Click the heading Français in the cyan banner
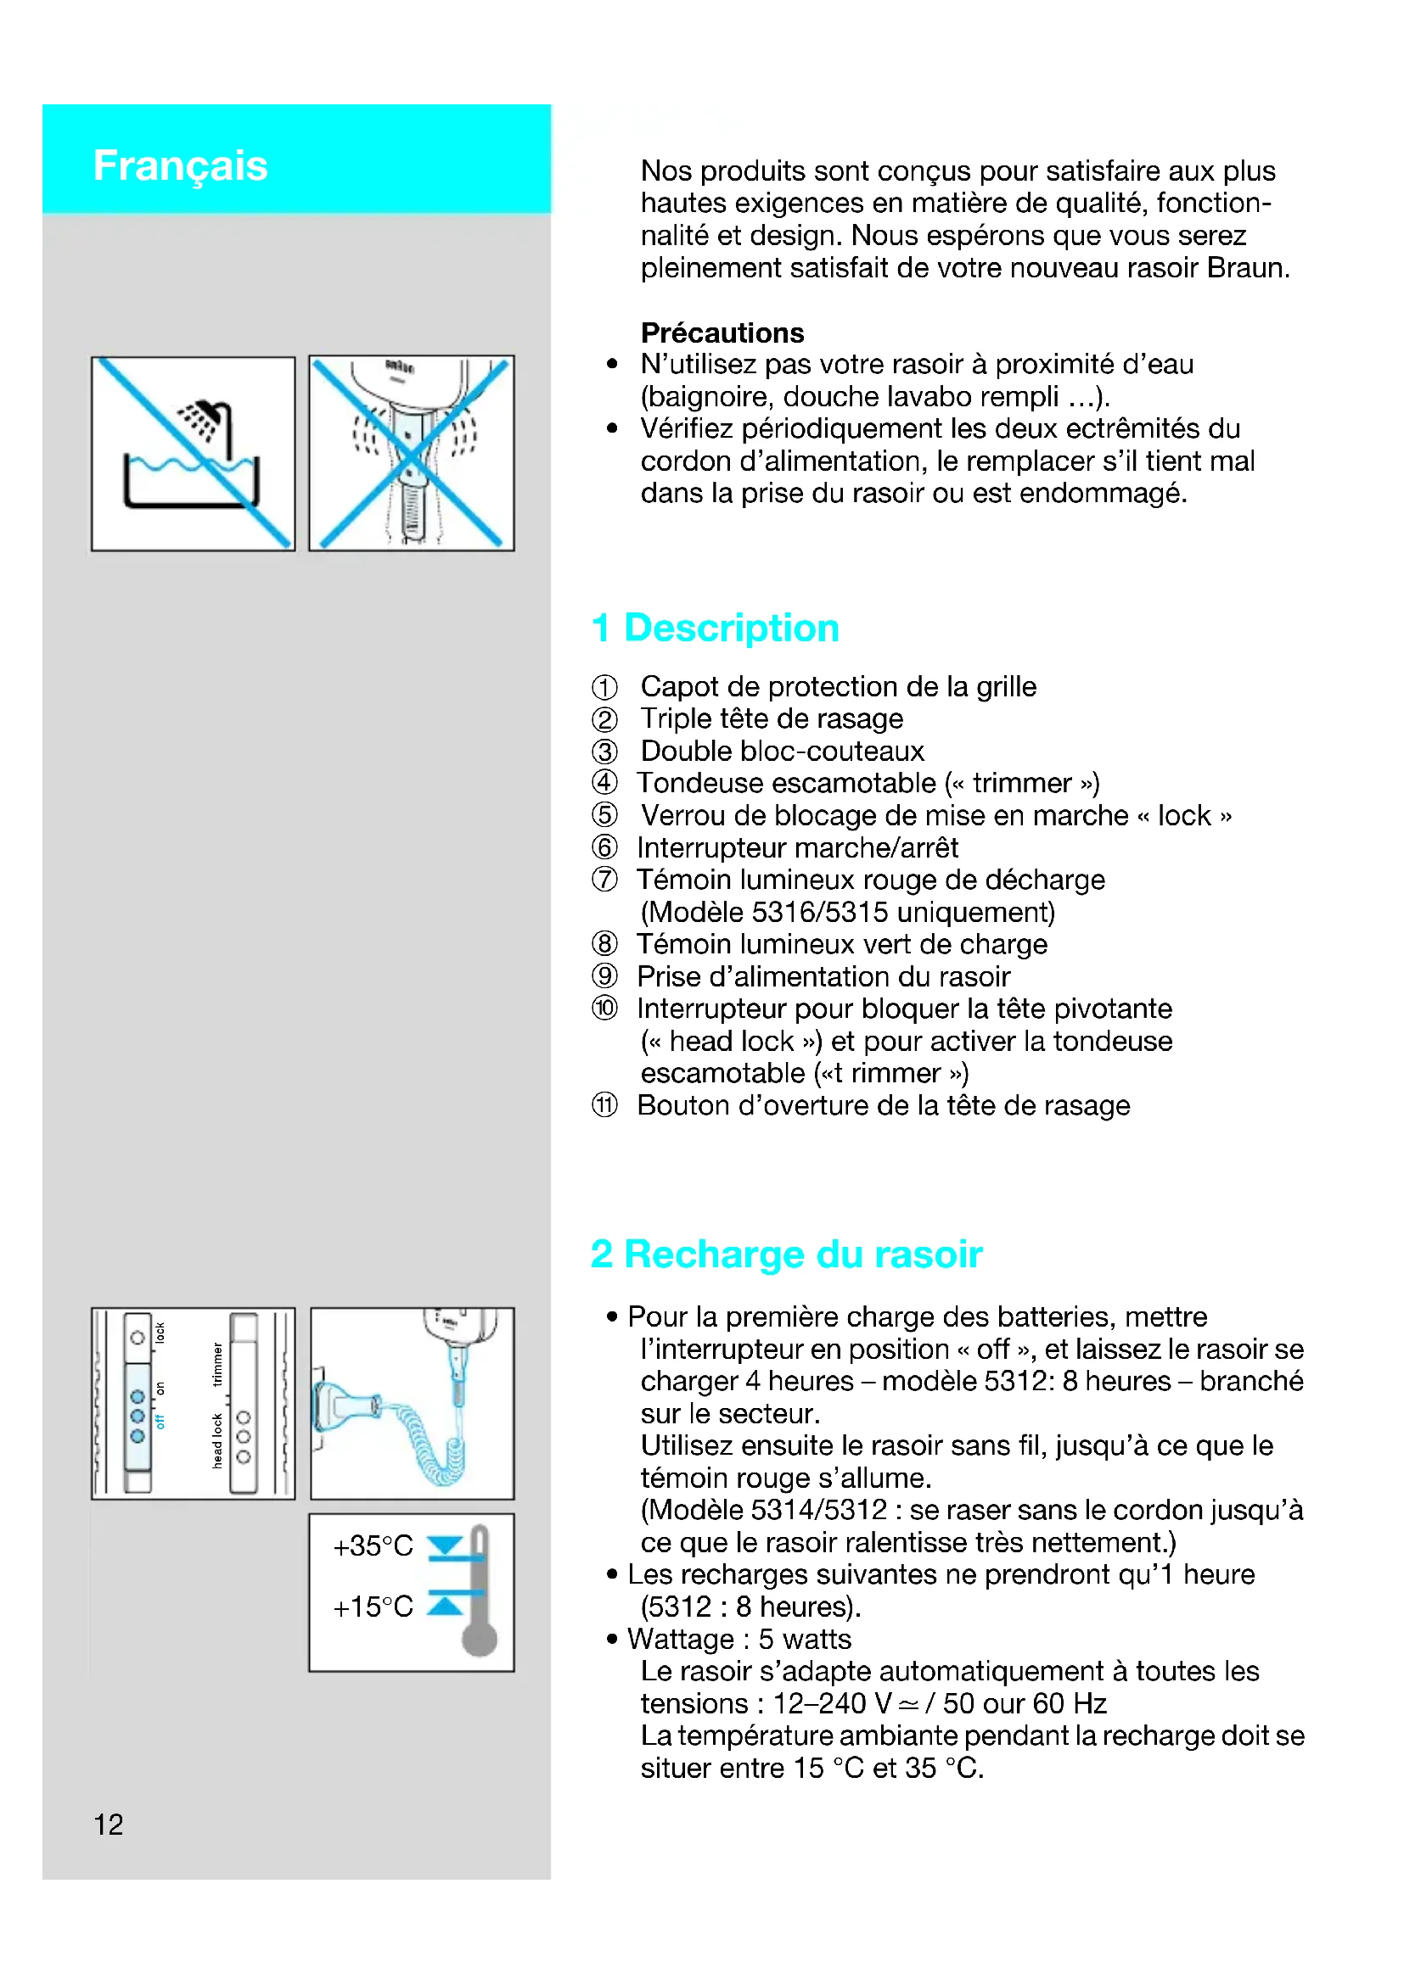pos(180,165)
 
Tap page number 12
pos(108,1825)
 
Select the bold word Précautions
pos(722,333)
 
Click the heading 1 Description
pos(714,628)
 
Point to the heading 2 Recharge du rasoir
pos(786,1254)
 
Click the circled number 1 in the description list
pos(604,687)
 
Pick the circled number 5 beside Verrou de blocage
pos(604,816)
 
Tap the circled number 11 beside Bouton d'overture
pos(604,1105)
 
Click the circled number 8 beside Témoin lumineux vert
pos(604,944)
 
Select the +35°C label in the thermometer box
pos(373,1546)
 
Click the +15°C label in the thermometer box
pos(373,1607)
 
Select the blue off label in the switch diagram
pos(160,1422)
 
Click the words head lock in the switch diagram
pos(217,1441)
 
